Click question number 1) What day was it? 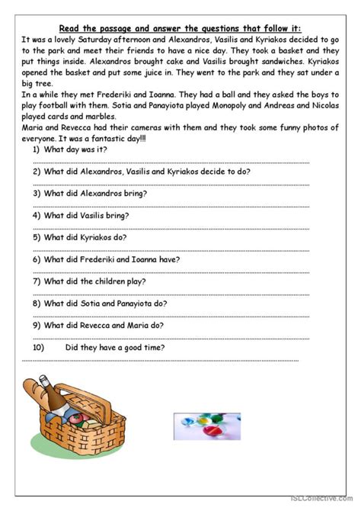72,149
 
